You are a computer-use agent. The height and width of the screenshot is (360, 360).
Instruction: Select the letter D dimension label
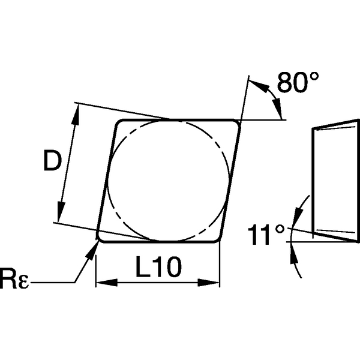click(x=52, y=161)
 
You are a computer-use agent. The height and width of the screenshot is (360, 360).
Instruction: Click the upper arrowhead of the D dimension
click(x=75, y=112)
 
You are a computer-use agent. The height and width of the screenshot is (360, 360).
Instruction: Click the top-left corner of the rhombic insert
click(x=118, y=124)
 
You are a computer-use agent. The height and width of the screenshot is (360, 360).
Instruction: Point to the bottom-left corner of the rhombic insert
click(x=101, y=239)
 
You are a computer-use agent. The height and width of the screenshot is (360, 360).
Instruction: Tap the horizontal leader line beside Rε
click(x=51, y=281)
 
